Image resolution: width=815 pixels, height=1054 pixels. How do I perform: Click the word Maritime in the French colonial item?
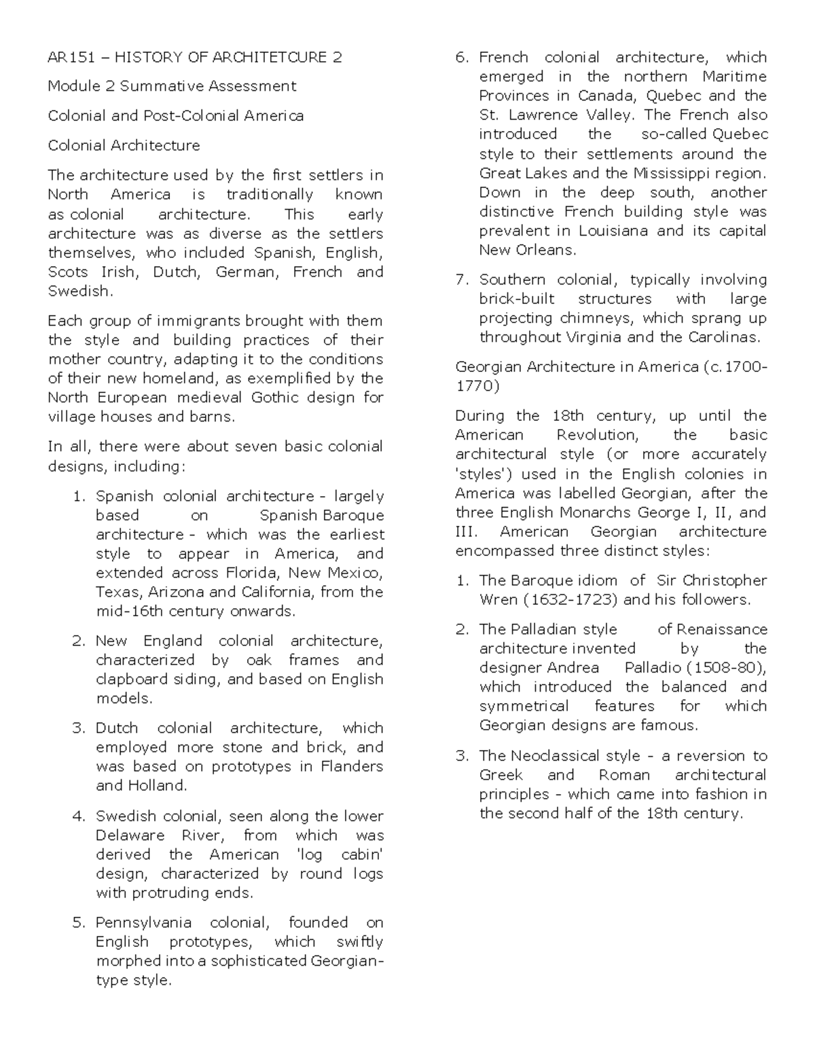click(x=734, y=77)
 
